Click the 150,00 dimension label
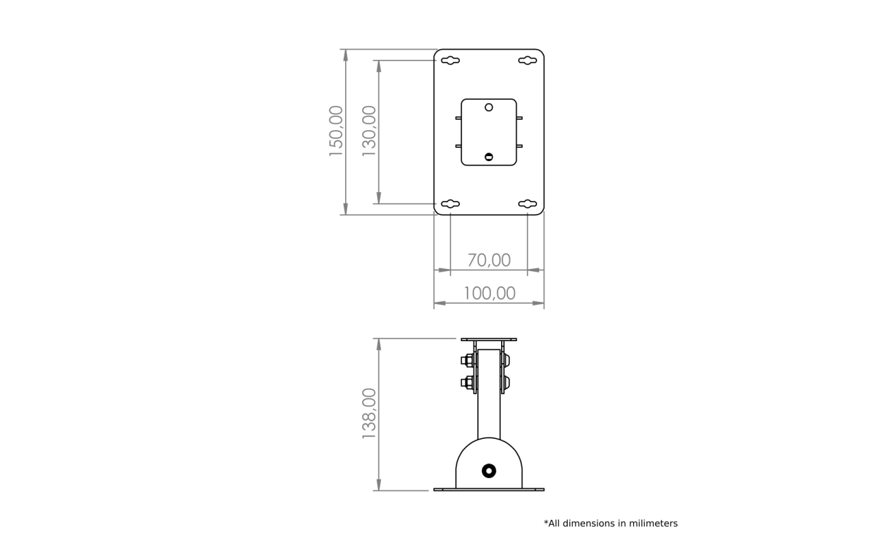(336, 131)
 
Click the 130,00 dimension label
(369, 131)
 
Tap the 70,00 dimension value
(489, 260)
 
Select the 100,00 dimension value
(489, 293)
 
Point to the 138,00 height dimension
(369, 413)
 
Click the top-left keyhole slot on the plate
(450, 61)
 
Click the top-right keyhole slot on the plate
(527, 61)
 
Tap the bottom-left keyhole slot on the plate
(450, 204)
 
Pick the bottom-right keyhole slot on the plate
(527, 204)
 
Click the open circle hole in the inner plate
(489, 107)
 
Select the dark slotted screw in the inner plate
(489, 157)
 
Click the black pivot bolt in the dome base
(489, 471)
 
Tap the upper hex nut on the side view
(467, 360)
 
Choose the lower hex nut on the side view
(467, 383)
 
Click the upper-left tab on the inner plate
(458, 118)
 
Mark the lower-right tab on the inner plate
(519, 146)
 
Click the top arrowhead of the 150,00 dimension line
(346, 55)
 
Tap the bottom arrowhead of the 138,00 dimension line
(379, 485)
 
